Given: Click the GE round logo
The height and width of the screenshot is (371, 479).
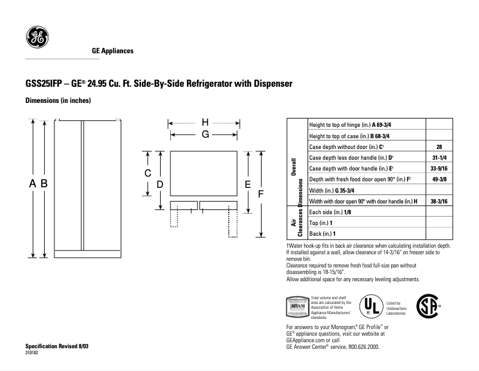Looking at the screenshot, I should click(x=36, y=38).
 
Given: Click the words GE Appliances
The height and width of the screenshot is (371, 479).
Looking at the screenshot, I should click(x=112, y=51).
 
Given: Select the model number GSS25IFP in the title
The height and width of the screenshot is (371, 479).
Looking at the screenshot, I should click(x=45, y=84).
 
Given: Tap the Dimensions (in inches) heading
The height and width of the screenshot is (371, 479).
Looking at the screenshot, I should click(x=58, y=101).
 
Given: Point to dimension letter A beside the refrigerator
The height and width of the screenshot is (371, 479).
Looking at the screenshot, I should click(x=33, y=184).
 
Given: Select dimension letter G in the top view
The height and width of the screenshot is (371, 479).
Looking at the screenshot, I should click(x=204, y=135).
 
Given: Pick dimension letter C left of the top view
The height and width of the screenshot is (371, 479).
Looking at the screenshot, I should click(x=148, y=173).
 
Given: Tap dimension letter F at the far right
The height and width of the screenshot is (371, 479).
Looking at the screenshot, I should click(x=260, y=193).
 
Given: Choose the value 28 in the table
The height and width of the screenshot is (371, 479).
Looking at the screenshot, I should click(x=439, y=147).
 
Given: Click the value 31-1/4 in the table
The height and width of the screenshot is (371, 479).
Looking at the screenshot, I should click(x=439, y=157).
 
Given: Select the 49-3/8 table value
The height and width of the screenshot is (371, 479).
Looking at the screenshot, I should click(x=439, y=179).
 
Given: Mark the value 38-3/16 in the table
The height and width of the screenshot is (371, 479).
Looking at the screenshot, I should click(x=439, y=201).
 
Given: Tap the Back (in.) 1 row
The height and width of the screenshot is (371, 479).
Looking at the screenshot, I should click(x=323, y=233).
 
